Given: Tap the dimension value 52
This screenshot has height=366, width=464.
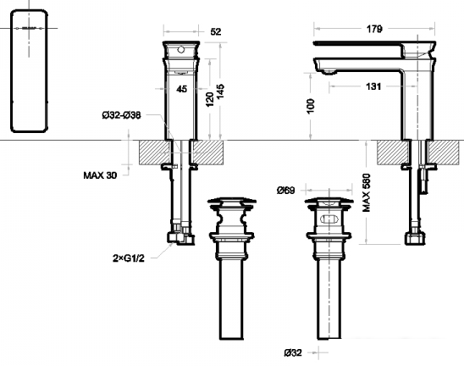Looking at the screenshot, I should click(215, 31).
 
